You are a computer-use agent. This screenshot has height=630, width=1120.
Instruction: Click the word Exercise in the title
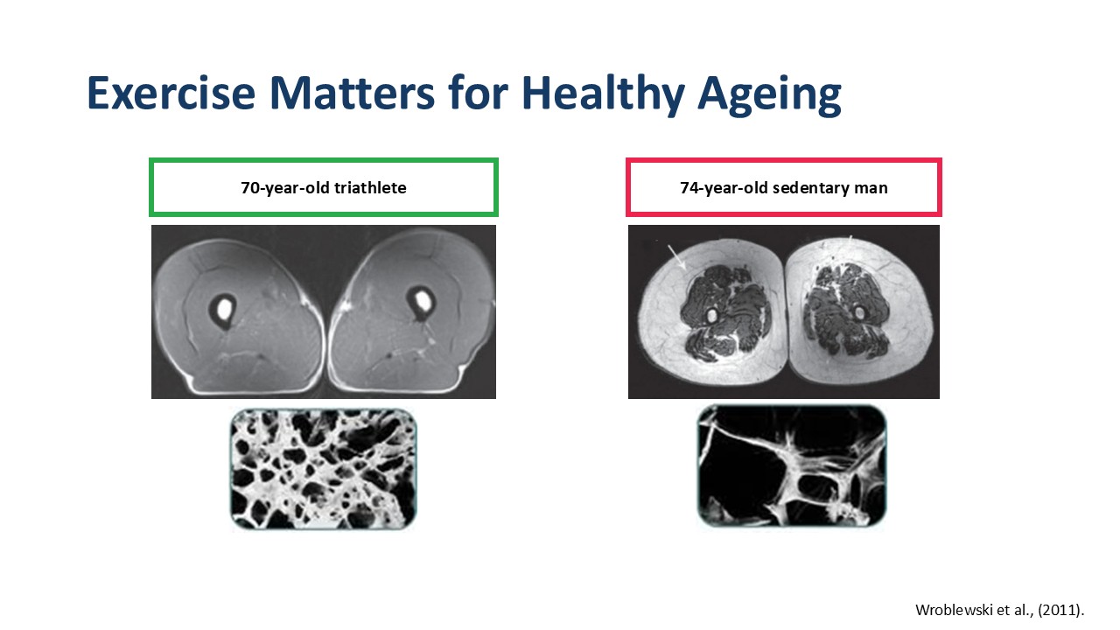[x=171, y=93]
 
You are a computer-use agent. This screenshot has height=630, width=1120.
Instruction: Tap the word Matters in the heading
[x=352, y=93]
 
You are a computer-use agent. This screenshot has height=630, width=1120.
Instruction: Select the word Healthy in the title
[x=603, y=95]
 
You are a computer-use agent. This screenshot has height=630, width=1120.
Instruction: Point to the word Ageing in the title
[x=769, y=96]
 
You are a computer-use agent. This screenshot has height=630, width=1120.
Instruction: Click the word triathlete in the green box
[x=370, y=188]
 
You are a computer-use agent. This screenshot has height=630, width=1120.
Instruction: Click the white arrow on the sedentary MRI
[x=677, y=257]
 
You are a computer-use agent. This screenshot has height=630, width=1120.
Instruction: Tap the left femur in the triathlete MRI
[x=223, y=310]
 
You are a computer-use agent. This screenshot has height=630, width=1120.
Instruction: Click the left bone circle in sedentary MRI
[x=711, y=316]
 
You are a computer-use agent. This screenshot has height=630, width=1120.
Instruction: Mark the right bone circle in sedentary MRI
[x=860, y=313]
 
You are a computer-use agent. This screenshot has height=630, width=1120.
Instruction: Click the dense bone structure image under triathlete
[x=324, y=469]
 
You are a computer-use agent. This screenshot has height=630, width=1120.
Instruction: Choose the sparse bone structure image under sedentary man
[x=792, y=466]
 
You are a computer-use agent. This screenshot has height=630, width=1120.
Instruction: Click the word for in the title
[x=478, y=93]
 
